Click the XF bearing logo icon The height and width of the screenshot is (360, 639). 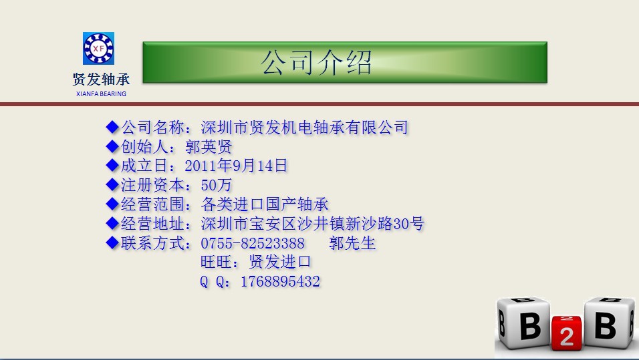click(99, 49)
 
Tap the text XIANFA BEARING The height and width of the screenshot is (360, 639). click(101, 94)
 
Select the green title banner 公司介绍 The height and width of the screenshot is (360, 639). click(345, 62)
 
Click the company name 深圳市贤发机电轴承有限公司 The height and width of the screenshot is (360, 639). click(304, 128)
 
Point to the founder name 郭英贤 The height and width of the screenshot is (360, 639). click(209, 147)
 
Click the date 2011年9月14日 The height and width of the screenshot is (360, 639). click(236, 166)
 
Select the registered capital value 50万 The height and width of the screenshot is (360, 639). click(217, 185)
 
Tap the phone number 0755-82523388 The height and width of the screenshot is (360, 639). click(253, 244)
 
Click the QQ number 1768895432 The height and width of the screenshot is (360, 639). click(280, 281)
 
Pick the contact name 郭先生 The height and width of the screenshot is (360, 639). click(352, 243)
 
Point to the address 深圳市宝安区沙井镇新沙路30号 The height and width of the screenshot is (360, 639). click(313, 224)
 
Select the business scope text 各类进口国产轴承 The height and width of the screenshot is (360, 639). click(265, 204)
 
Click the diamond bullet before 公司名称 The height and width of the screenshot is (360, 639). click(112, 127)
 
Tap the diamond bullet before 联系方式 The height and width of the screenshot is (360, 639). click(112, 242)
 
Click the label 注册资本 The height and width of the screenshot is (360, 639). click(152, 185)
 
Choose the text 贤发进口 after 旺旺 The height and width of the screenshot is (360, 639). click(280, 262)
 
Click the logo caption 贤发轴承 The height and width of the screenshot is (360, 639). click(101, 79)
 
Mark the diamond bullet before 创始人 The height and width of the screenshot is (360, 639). click(112, 146)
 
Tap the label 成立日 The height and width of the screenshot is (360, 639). click(144, 166)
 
